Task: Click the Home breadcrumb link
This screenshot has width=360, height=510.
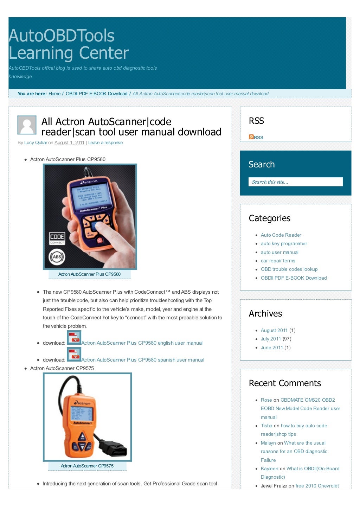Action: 54,94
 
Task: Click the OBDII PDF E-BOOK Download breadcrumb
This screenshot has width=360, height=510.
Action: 96,94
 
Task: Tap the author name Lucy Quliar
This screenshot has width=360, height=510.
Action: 36,142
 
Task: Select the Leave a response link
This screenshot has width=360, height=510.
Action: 105,142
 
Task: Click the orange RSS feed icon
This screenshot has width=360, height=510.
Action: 251,137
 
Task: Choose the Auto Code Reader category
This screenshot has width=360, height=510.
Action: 281,235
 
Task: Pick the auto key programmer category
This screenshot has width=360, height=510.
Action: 284,243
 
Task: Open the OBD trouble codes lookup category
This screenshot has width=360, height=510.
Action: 289,269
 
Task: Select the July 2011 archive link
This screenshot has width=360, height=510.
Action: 271,339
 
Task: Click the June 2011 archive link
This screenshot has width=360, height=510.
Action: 272,348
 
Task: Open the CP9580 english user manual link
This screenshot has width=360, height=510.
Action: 142,343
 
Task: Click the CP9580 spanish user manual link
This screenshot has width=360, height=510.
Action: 142,360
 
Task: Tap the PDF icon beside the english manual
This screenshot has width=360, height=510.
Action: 74,338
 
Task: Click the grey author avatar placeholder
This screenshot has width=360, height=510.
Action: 27,125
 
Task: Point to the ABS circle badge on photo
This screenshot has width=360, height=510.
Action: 57,256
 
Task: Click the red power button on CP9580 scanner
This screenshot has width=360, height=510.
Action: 99,240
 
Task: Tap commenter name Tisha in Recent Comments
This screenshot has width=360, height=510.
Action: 266,426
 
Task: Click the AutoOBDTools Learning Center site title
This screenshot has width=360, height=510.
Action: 69,44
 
